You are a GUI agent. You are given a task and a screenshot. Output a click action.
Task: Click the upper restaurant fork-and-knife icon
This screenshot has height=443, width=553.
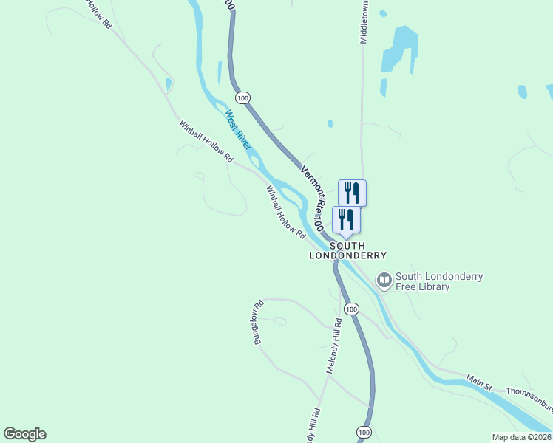[352, 193]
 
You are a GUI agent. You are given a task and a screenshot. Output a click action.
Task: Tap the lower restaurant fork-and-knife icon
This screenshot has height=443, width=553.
[345, 219]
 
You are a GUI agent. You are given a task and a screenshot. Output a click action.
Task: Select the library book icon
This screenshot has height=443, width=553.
[384, 280]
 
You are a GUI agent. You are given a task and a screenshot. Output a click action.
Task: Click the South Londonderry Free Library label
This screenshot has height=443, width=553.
[439, 281]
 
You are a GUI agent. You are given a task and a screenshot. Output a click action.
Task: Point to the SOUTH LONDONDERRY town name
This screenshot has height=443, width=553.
[347, 250]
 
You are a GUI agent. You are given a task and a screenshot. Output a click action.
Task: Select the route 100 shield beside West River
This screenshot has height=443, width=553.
[243, 97]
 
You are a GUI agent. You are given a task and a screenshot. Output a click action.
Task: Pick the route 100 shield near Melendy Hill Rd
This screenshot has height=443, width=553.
[351, 309]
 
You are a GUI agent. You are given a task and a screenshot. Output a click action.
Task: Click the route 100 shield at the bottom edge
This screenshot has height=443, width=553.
[362, 431]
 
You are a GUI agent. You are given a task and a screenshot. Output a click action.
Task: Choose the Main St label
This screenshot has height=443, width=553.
[479, 382]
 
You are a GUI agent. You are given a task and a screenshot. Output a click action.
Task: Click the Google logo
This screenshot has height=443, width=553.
[24, 434]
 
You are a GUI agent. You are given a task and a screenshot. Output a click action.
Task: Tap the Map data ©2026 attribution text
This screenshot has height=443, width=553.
[521, 437]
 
